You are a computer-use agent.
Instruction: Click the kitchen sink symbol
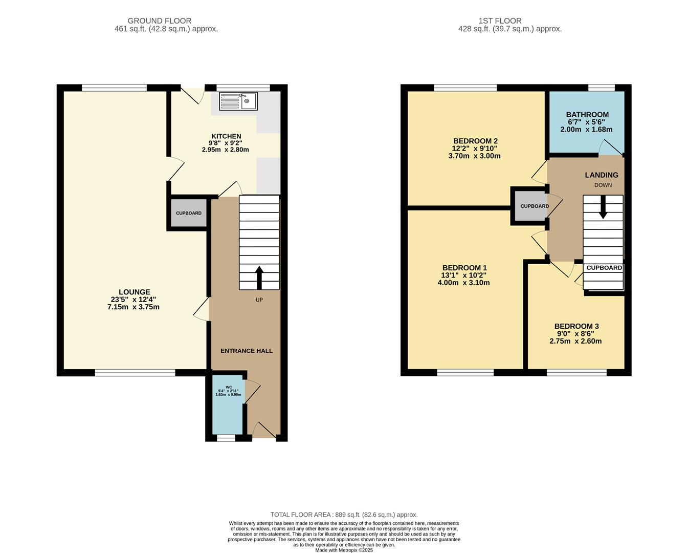click(x=238, y=101)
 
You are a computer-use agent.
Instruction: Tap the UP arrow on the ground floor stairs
click(x=259, y=278)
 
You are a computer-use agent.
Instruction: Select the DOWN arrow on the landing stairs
click(x=603, y=207)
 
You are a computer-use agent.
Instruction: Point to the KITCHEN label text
click(x=226, y=136)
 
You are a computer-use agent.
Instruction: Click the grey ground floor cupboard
click(x=189, y=213)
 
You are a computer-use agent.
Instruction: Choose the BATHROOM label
click(x=587, y=115)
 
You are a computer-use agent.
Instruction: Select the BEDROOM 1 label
click(x=464, y=268)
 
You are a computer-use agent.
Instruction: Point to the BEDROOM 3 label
click(x=576, y=326)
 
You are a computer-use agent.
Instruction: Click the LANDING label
click(x=602, y=175)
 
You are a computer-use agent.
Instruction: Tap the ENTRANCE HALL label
click(x=247, y=351)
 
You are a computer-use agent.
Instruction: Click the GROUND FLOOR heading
click(x=160, y=21)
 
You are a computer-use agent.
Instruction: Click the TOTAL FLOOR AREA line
click(x=344, y=515)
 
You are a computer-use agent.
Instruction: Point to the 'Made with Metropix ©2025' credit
click(x=344, y=550)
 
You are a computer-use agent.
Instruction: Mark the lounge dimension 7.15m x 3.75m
click(x=134, y=307)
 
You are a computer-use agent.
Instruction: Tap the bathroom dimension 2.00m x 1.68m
click(x=587, y=130)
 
